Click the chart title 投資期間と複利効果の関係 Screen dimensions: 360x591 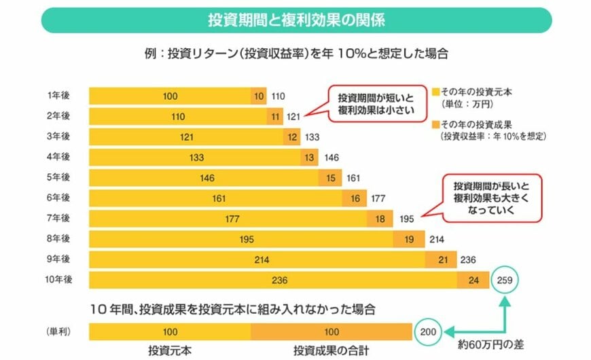point(295,20)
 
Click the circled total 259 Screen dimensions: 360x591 point(504,279)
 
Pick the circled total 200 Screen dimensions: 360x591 point(425,332)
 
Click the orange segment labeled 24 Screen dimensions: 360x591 point(473,280)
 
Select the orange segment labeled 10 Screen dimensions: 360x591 point(259,96)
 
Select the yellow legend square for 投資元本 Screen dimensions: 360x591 point(435,90)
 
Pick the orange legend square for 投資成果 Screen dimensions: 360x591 point(435,124)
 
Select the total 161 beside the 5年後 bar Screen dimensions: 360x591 point(353,178)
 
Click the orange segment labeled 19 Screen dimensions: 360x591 point(409,239)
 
